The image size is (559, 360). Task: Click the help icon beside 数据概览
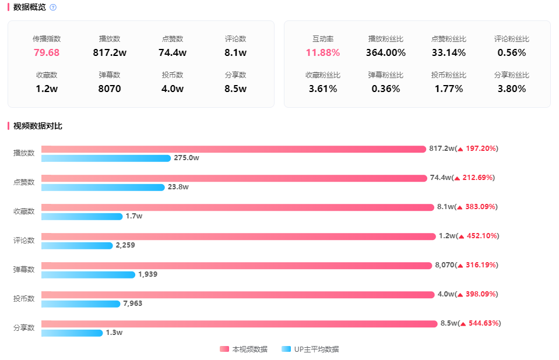point(53,8)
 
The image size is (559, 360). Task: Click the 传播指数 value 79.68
point(47,52)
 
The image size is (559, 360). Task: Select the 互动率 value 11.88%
point(323,52)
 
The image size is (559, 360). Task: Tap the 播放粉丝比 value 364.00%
point(386,52)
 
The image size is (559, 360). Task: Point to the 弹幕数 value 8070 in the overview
point(110,89)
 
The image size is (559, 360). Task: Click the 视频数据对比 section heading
point(38,126)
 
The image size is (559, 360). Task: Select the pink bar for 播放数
point(233,149)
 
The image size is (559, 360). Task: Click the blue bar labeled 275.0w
point(106,158)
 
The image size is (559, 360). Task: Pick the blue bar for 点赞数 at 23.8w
point(103,188)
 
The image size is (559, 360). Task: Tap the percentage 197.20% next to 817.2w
point(481,149)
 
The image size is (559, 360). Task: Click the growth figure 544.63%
point(483,323)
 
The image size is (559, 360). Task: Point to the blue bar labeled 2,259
point(76,246)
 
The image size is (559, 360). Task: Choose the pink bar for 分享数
point(239,324)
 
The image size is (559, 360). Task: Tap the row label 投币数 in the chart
point(24,299)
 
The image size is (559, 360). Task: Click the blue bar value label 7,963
point(132,303)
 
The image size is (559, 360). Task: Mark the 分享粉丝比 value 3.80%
point(512,89)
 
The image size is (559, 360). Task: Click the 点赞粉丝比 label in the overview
point(449,39)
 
